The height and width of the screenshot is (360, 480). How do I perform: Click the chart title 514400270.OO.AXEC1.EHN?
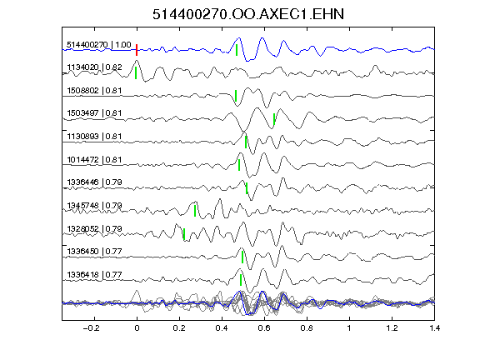[248, 14]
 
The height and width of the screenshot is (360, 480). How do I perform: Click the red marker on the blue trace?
[137, 50]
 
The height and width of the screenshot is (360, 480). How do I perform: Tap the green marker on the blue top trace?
[237, 50]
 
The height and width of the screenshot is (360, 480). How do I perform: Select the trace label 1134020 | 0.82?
[94, 67]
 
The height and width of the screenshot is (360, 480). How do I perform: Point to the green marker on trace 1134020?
[136, 73]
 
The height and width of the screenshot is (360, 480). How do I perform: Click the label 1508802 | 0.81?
[94, 91]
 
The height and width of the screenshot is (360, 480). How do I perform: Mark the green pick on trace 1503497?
[274, 119]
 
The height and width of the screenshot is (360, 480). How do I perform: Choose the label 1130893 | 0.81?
[94, 136]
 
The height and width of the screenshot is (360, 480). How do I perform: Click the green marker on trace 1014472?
[239, 165]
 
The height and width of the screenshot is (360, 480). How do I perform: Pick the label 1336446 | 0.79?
[94, 182]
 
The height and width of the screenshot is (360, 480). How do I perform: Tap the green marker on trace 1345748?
[195, 211]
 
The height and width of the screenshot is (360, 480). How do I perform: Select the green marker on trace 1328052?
[184, 234]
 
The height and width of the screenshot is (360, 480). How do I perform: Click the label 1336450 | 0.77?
[94, 252]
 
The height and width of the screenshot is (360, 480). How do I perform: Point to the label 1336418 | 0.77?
[94, 275]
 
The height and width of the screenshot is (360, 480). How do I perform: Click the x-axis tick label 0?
[137, 328]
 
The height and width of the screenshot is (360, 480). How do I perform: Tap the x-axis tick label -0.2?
[92, 328]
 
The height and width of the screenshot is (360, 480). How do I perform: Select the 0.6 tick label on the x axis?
[264, 328]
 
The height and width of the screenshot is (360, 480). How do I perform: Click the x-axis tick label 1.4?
[434, 328]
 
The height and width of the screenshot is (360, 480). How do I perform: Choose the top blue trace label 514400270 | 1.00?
[99, 45]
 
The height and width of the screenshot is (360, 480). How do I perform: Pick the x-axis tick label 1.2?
[392, 328]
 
